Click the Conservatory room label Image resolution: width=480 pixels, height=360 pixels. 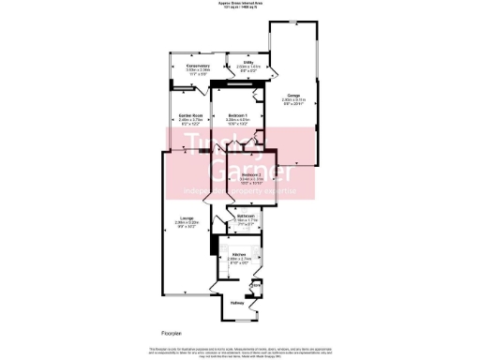point(197,66)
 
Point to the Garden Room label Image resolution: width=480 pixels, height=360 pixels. point(191,115)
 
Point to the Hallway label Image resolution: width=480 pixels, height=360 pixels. point(238,303)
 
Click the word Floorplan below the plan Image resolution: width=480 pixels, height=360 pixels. point(168,334)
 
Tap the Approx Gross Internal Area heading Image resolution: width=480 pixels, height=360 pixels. point(240,4)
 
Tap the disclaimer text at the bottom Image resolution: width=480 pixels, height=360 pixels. point(240,351)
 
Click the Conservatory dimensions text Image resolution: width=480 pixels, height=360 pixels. point(197,71)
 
